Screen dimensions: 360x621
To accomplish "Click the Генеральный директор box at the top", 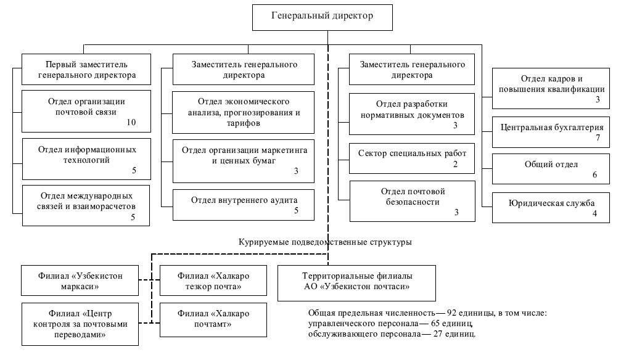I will pyautogui.click(x=321, y=17).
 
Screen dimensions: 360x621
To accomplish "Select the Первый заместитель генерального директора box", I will pyautogui.click(x=86, y=70).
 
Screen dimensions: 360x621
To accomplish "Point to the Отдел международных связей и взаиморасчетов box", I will pyautogui.click(x=86, y=205).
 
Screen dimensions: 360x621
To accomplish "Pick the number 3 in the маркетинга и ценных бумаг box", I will pyautogui.click(x=296, y=171).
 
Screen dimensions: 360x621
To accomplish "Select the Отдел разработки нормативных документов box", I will pyautogui.click(x=411, y=113).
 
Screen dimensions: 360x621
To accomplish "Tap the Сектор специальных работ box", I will pyautogui.click(x=411, y=158).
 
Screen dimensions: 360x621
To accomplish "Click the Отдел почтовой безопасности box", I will pyautogui.click(x=411, y=201).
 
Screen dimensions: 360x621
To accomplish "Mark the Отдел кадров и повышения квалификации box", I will pyautogui.click(x=552, y=88).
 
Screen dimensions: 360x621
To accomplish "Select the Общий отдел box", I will pyautogui.click(x=552, y=169).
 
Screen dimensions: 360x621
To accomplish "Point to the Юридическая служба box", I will pyautogui.click(x=552, y=207).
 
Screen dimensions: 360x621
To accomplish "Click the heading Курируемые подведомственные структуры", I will pyautogui.click(x=325, y=242).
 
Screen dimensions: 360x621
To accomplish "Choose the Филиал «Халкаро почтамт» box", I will pyautogui.click(x=213, y=319).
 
